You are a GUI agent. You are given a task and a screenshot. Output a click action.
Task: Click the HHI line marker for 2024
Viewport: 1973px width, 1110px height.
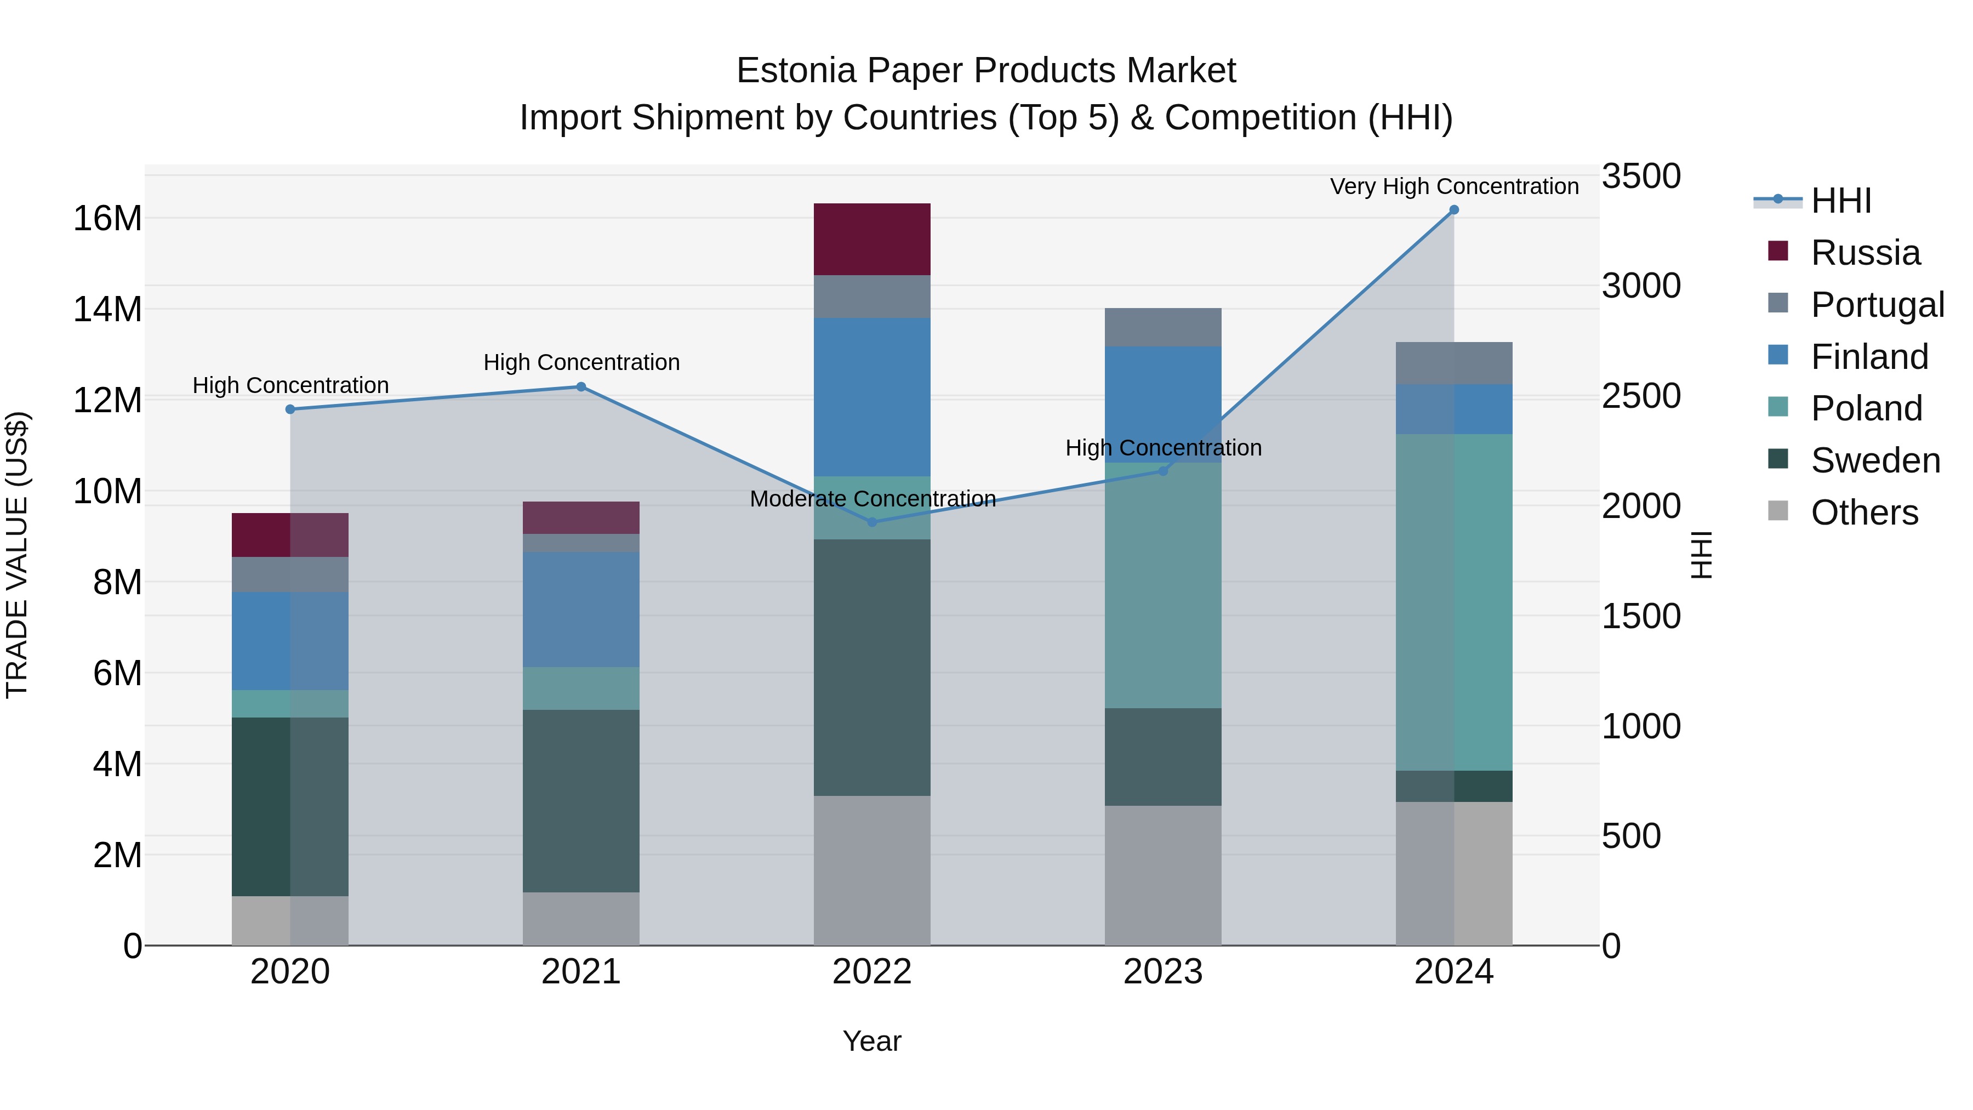point(1453,210)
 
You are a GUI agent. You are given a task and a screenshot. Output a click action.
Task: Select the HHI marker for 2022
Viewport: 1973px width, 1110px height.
point(871,522)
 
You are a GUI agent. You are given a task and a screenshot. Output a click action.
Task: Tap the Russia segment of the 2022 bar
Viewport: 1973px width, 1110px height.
point(871,239)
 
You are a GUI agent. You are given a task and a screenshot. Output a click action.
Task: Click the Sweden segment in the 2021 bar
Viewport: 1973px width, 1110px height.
point(580,800)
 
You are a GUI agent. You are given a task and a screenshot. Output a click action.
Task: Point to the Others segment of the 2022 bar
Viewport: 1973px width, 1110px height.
point(871,870)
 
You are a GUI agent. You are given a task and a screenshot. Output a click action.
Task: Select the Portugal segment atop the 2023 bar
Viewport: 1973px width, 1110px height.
point(1162,327)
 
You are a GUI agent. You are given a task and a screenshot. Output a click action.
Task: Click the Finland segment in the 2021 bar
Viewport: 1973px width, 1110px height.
point(580,609)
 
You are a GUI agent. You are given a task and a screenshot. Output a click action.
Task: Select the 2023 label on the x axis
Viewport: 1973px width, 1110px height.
point(1162,972)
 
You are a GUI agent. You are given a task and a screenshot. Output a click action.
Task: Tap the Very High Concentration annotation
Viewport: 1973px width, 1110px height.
point(1453,186)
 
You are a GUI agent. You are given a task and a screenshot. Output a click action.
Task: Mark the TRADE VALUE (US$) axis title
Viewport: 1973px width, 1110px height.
point(18,555)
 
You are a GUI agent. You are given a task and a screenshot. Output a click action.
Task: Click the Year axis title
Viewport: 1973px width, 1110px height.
point(871,1041)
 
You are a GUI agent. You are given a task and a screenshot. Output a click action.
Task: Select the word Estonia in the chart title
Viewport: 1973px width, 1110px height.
point(796,71)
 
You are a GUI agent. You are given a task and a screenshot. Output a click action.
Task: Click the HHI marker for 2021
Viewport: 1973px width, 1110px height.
point(580,387)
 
